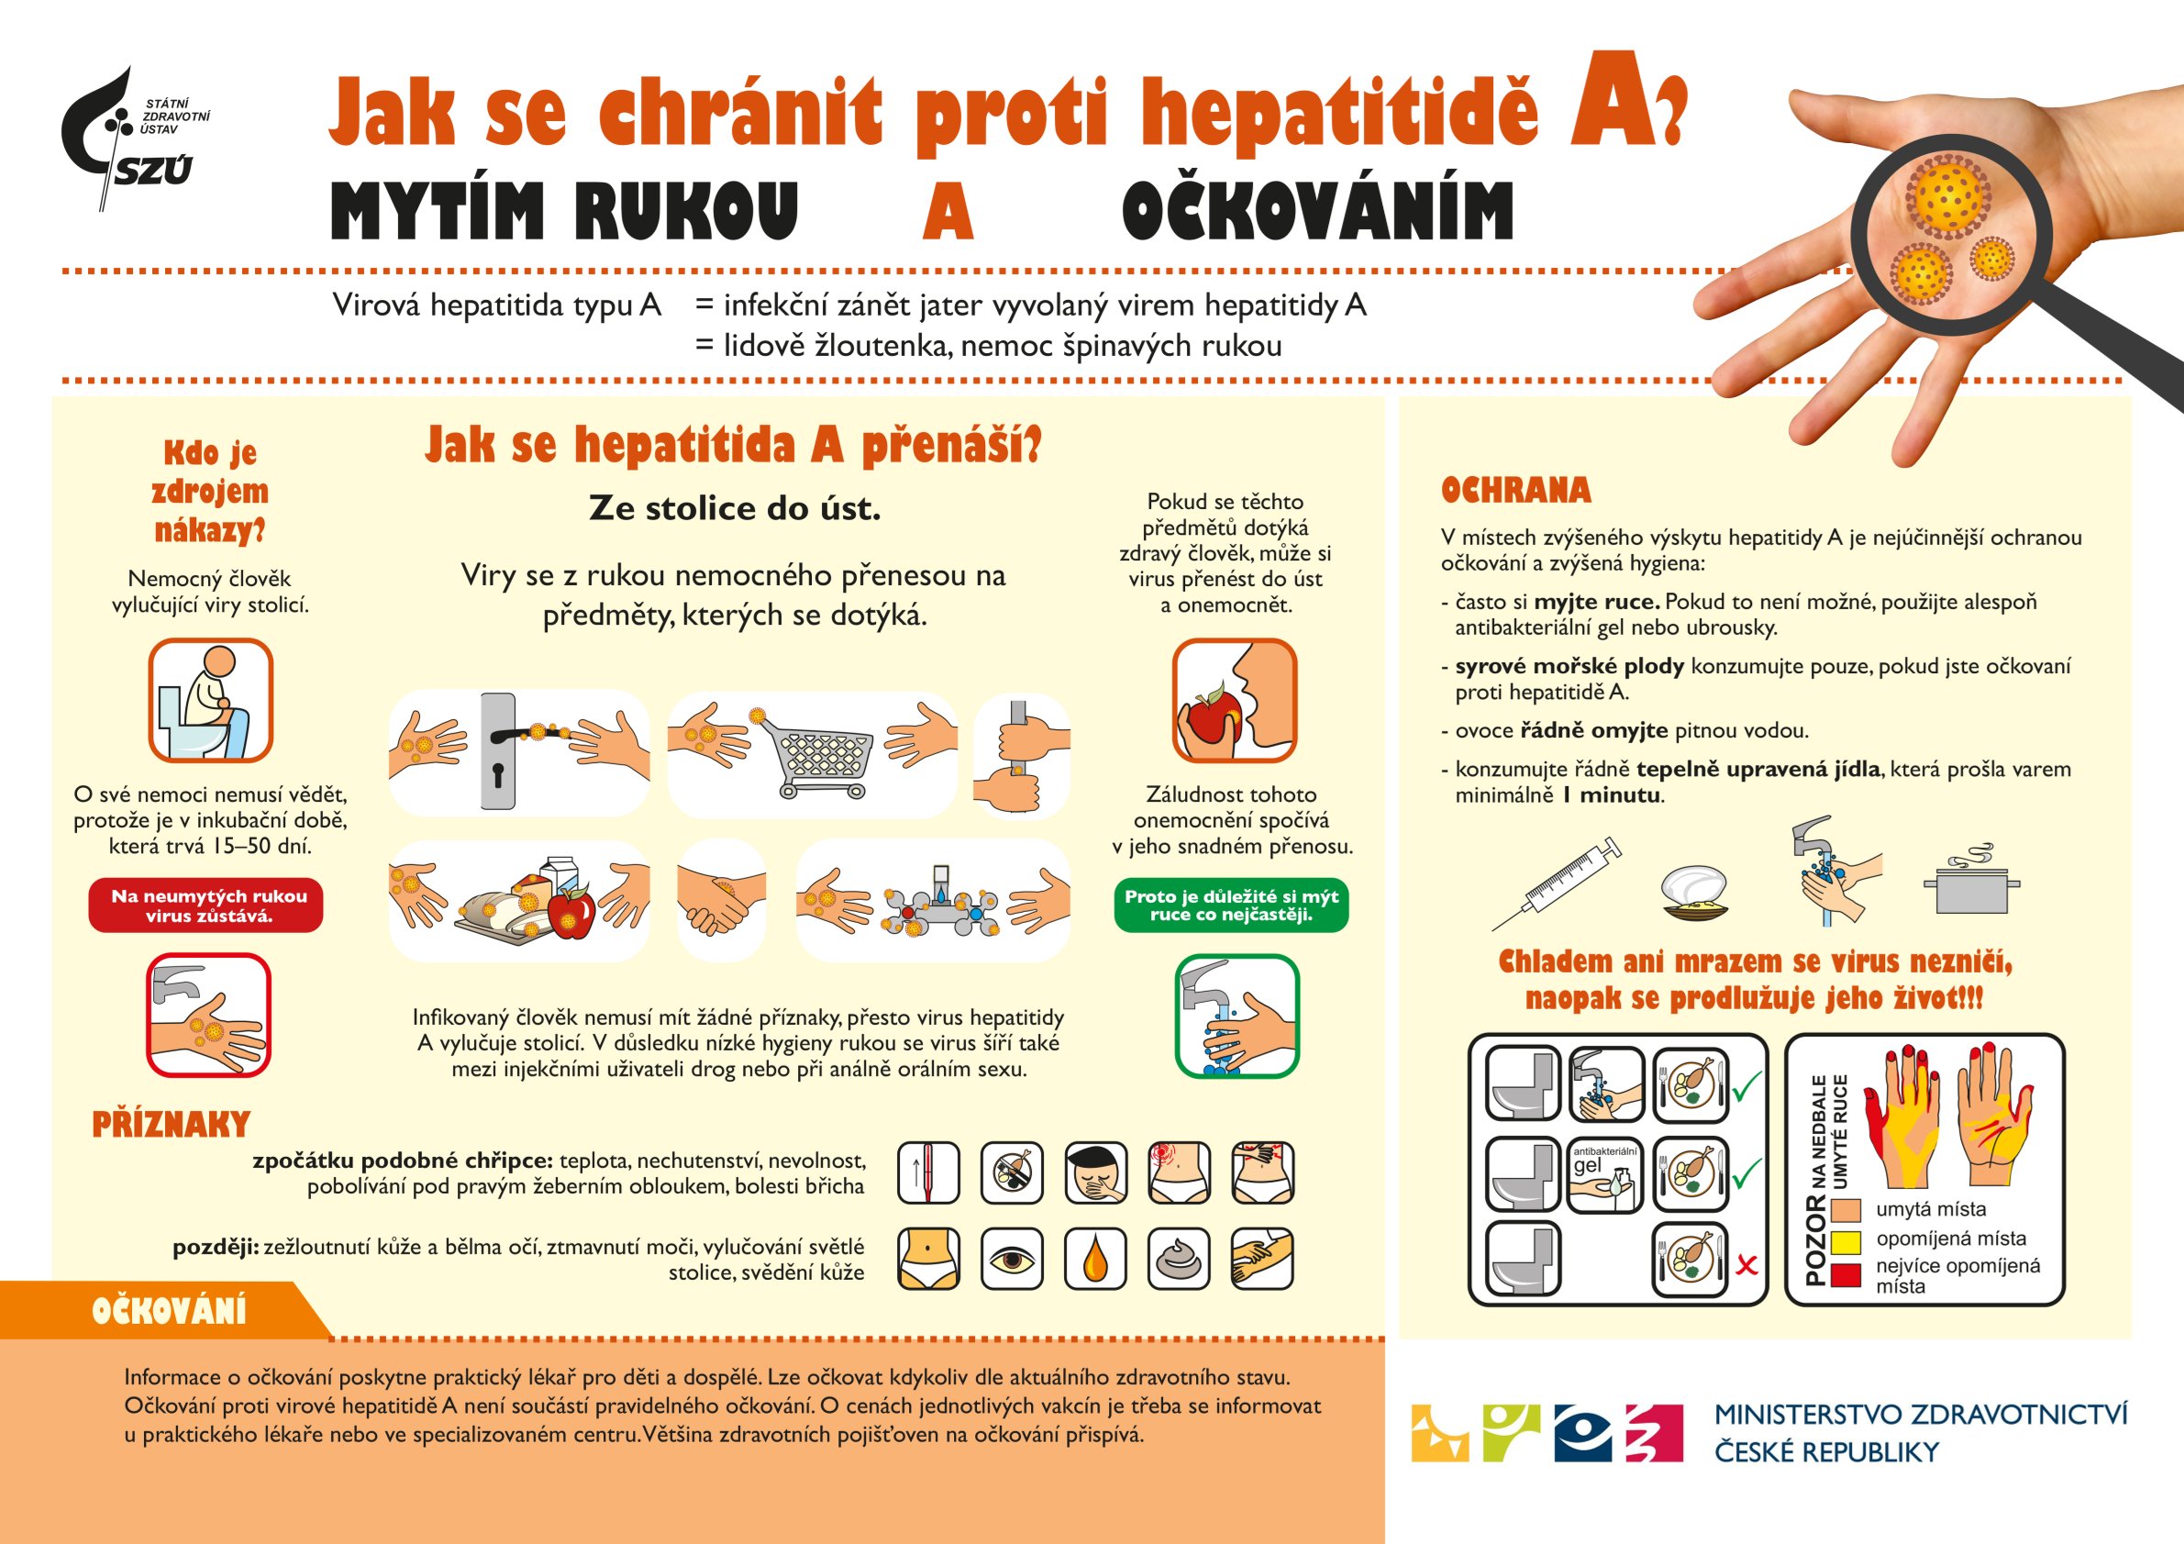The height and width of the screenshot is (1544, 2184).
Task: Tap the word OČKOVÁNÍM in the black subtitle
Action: pyautogui.click(x=1317, y=210)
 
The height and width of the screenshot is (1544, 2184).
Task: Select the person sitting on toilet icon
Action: pyautogui.click(x=210, y=700)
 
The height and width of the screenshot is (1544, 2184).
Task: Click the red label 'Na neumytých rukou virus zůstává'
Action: pyautogui.click(x=206, y=905)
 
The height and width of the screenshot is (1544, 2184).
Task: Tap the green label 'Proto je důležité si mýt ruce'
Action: pyautogui.click(x=1231, y=905)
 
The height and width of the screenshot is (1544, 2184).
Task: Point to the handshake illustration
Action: pyautogui.click(x=721, y=900)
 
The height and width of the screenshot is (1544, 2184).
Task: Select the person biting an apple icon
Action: pyautogui.click(x=1234, y=700)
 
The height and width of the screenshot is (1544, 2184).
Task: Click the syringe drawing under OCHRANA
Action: pyautogui.click(x=1557, y=883)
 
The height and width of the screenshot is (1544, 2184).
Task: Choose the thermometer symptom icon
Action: pyautogui.click(x=928, y=1173)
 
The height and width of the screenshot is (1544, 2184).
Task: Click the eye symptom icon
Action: pyautogui.click(x=1012, y=1259)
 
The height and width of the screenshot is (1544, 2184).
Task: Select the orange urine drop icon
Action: pyautogui.click(x=1095, y=1259)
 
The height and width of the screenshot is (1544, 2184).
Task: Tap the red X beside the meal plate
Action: pyautogui.click(x=1746, y=1265)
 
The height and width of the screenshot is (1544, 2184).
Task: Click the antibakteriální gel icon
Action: pyautogui.click(x=1605, y=1177)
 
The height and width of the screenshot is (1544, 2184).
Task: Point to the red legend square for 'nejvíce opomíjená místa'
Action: pyautogui.click(x=1846, y=1274)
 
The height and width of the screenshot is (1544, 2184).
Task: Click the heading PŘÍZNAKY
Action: pyautogui.click(x=172, y=1125)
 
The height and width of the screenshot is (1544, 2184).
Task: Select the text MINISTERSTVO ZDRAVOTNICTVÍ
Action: pyautogui.click(x=1921, y=1415)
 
